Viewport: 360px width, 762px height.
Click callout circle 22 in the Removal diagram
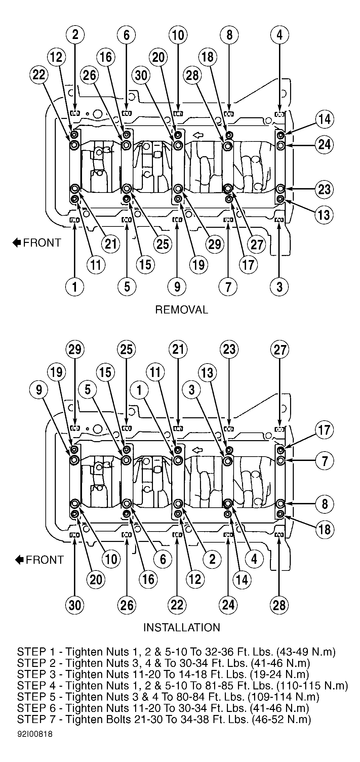(x=39, y=75)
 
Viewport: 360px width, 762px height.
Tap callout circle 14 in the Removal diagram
(x=324, y=120)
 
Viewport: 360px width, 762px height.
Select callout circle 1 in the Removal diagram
(x=75, y=287)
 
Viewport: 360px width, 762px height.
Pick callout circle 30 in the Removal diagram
(x=141, y=75)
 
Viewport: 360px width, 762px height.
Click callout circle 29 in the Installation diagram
(x=75, y=349)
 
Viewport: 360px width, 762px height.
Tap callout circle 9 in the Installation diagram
(x=39, y=390)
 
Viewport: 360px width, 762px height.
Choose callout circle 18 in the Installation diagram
(x=324, y=530)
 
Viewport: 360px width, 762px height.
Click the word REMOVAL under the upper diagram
(x=182, y=309)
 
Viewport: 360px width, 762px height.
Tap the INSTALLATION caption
(x=182, y=628)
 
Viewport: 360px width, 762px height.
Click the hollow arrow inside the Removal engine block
(x=198, y=135)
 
